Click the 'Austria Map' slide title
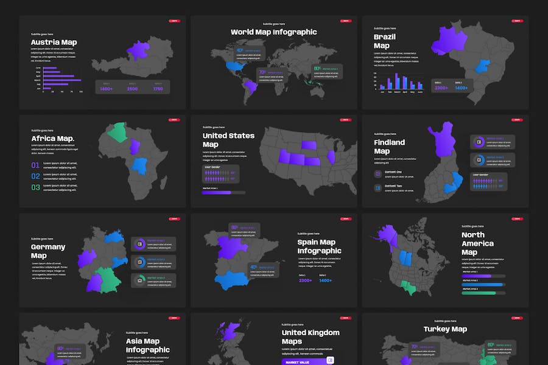point(54,42)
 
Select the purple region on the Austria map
point(139,49)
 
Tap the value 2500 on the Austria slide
point(132,89)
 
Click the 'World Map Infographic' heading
point(273,32)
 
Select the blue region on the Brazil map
point(483,67)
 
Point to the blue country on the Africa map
point(141,165)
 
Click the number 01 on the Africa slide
point(35,165)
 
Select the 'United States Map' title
point(228,140)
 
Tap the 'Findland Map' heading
point(389,147)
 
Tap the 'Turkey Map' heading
point(445,329)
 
